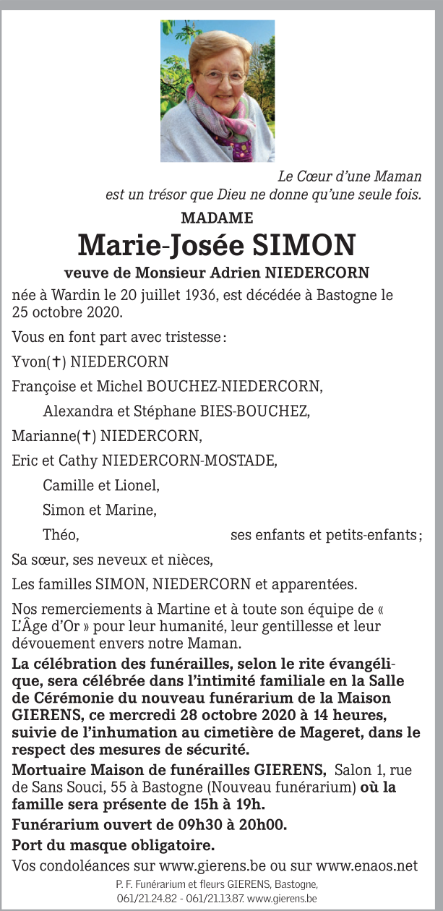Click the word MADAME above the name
point(217,218)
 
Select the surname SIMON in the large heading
point(304,245)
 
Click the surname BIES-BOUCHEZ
point(253,412)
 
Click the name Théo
point(60,535)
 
